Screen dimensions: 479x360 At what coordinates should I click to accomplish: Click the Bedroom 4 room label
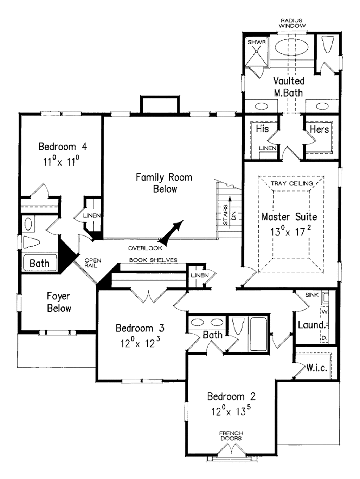[x=62, y=147]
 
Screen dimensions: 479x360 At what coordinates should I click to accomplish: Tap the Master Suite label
[x=289, y=217]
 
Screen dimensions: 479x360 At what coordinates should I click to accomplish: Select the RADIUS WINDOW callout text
[x=292, y=23]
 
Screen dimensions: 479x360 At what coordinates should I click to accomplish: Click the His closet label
[x=262, y=129]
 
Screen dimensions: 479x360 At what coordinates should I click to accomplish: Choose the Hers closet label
[x=319, y=129]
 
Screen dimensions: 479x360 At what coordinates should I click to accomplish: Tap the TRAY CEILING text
[x=292, y=183]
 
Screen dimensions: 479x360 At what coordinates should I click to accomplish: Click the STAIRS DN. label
[x=229, y=214]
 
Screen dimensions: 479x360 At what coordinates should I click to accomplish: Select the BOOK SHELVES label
[x=153, y=260]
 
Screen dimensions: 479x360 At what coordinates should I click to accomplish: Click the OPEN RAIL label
[x=92, y=263]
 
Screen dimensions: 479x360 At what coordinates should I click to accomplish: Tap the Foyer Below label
[x=59, y=302]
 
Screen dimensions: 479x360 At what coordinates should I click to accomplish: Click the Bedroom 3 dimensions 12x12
[x=140, y=343]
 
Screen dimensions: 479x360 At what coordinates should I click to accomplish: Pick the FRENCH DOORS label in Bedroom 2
[x=231, y=436]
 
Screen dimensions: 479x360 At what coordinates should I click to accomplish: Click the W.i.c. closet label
[x=316, y=368]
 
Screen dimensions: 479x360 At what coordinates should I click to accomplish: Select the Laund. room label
[x=311, y=325]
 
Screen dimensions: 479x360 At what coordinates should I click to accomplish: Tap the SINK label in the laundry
[x=311, y=295]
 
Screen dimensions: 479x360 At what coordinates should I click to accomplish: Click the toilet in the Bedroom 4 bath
[x=32, y=242]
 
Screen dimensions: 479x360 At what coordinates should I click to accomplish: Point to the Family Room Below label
[x=164, y=183]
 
